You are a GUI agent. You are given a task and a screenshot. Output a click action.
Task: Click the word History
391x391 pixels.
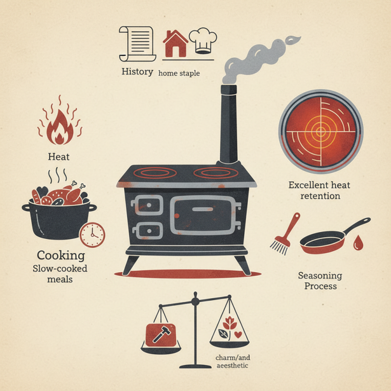click(x=137, y=72)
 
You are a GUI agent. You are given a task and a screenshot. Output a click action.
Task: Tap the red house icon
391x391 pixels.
click(x=175, y=43)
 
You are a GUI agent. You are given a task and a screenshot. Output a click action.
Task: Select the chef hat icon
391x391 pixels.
click(x=202, y=41)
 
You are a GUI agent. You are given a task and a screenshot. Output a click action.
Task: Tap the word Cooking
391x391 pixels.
click(x=61, y=255)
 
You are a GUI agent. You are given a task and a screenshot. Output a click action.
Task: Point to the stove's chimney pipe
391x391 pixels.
click(x=228, y=127)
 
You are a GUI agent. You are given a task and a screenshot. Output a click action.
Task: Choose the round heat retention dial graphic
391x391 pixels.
click(x=321, y=130)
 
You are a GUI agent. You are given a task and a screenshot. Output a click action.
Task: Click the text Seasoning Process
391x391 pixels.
click(x=320, y=281)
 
